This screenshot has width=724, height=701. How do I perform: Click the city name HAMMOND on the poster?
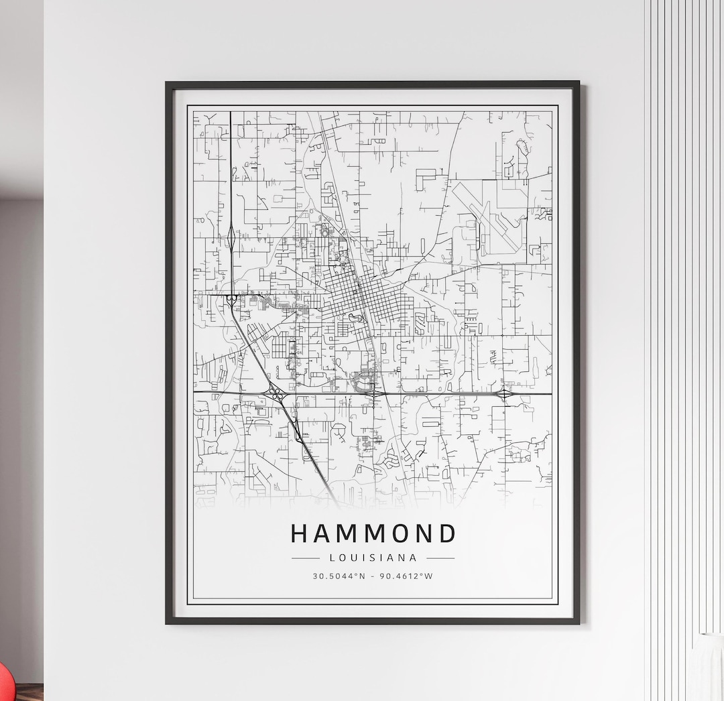coord(373,533)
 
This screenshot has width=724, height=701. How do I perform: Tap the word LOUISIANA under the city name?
coord(373,558)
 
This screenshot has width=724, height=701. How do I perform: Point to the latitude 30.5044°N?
coord(339,576)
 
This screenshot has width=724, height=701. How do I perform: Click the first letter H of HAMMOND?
coord(300,533)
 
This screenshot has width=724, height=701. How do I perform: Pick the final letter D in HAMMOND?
coord(447,533)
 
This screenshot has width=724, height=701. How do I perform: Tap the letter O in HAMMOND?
coord(398,533)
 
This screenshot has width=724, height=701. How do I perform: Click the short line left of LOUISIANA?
coord(306,558)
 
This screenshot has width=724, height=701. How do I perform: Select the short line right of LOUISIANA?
coord(440,558)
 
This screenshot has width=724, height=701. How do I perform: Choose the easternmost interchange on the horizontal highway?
coord(503,394)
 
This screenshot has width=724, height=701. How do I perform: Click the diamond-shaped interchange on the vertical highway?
coord(231,236)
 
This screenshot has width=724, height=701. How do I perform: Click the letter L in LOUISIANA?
coord(332,558)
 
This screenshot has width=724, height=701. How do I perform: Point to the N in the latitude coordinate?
coord(363,576)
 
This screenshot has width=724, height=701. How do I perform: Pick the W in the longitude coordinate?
coord(430,576)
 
